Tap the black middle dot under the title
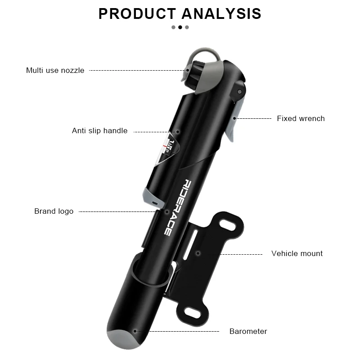[180, 27]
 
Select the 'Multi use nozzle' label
[55, 70]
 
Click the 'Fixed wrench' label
[301, 118]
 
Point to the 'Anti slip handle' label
[99, 131]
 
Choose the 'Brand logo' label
[54, 211]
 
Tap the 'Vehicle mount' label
[297, 253]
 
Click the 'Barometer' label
[248, 331]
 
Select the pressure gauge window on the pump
[166, 151]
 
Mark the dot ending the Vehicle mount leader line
[198, 254]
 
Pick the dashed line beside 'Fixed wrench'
[255, 118]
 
